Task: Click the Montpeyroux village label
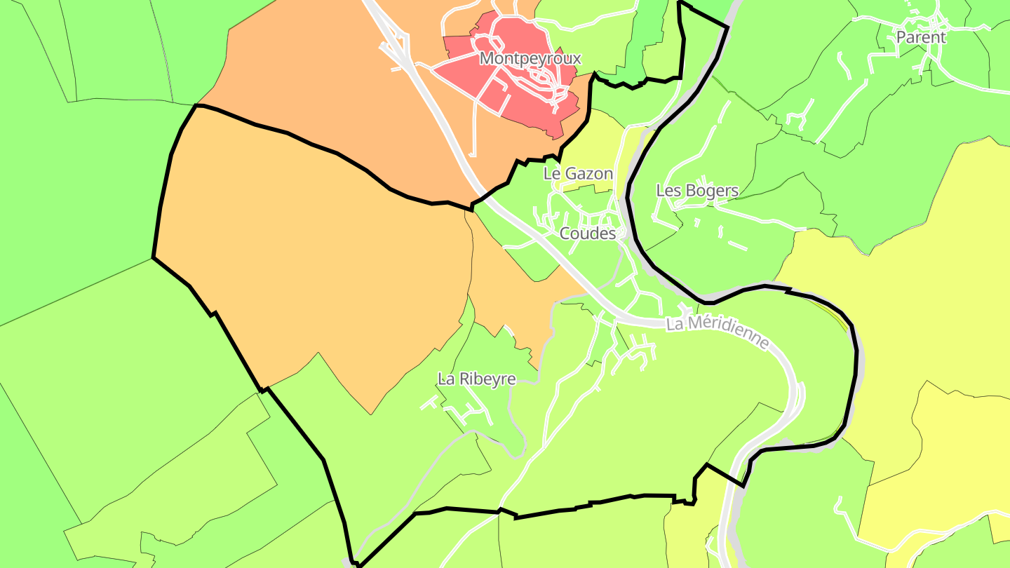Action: tap(530, 58)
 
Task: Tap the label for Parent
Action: tap(921, 37)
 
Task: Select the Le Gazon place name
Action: tap(579, 173)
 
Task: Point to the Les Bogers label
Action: tap(697, 190)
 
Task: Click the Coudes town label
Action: tap(588, 234)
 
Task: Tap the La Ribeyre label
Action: tap(477, 379)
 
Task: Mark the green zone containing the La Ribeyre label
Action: tap(491, 351)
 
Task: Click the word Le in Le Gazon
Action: tap(552, 173)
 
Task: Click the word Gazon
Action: tap(588, 173)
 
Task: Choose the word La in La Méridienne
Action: tap(674, 324)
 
